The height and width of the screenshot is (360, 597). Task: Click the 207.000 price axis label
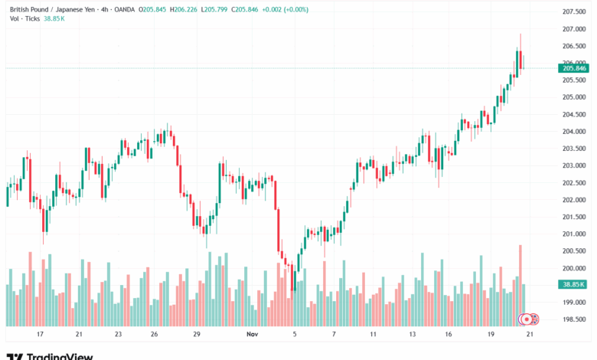[573, 29]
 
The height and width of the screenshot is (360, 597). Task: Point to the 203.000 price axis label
[573, 165]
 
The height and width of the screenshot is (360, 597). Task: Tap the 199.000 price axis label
[573, 303]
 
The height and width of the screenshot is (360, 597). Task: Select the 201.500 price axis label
[573, 217]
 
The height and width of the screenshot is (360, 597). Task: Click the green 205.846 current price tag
[574, 68]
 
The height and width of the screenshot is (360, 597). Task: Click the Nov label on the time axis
[253, 335]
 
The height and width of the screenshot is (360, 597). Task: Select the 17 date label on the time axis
[40, 335]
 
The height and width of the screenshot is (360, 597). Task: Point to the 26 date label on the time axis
[154, 335]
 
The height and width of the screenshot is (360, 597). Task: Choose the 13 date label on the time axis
[412, 335]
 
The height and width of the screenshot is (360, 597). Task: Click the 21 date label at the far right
[530, 335]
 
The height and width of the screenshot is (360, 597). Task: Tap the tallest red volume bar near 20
[520, 283]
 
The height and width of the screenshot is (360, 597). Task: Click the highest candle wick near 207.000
[520, 36]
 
